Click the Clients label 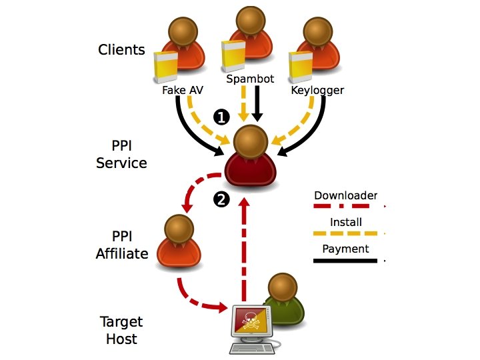point(121,49)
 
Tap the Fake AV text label point(183,90)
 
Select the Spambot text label point(250,79)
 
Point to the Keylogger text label point(317,90)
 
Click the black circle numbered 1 point(221,117)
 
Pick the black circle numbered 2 point(221,199)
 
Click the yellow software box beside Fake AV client point(165,67)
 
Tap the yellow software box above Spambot point(233,56)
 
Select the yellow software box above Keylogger point(301,67)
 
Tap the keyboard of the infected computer point(251,349)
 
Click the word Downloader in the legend point(345,195)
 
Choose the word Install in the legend point(345,222)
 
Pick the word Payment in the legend point(345,249)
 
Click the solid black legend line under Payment point(345,261)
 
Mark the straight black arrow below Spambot point(257,103)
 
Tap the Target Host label point(121,330)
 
